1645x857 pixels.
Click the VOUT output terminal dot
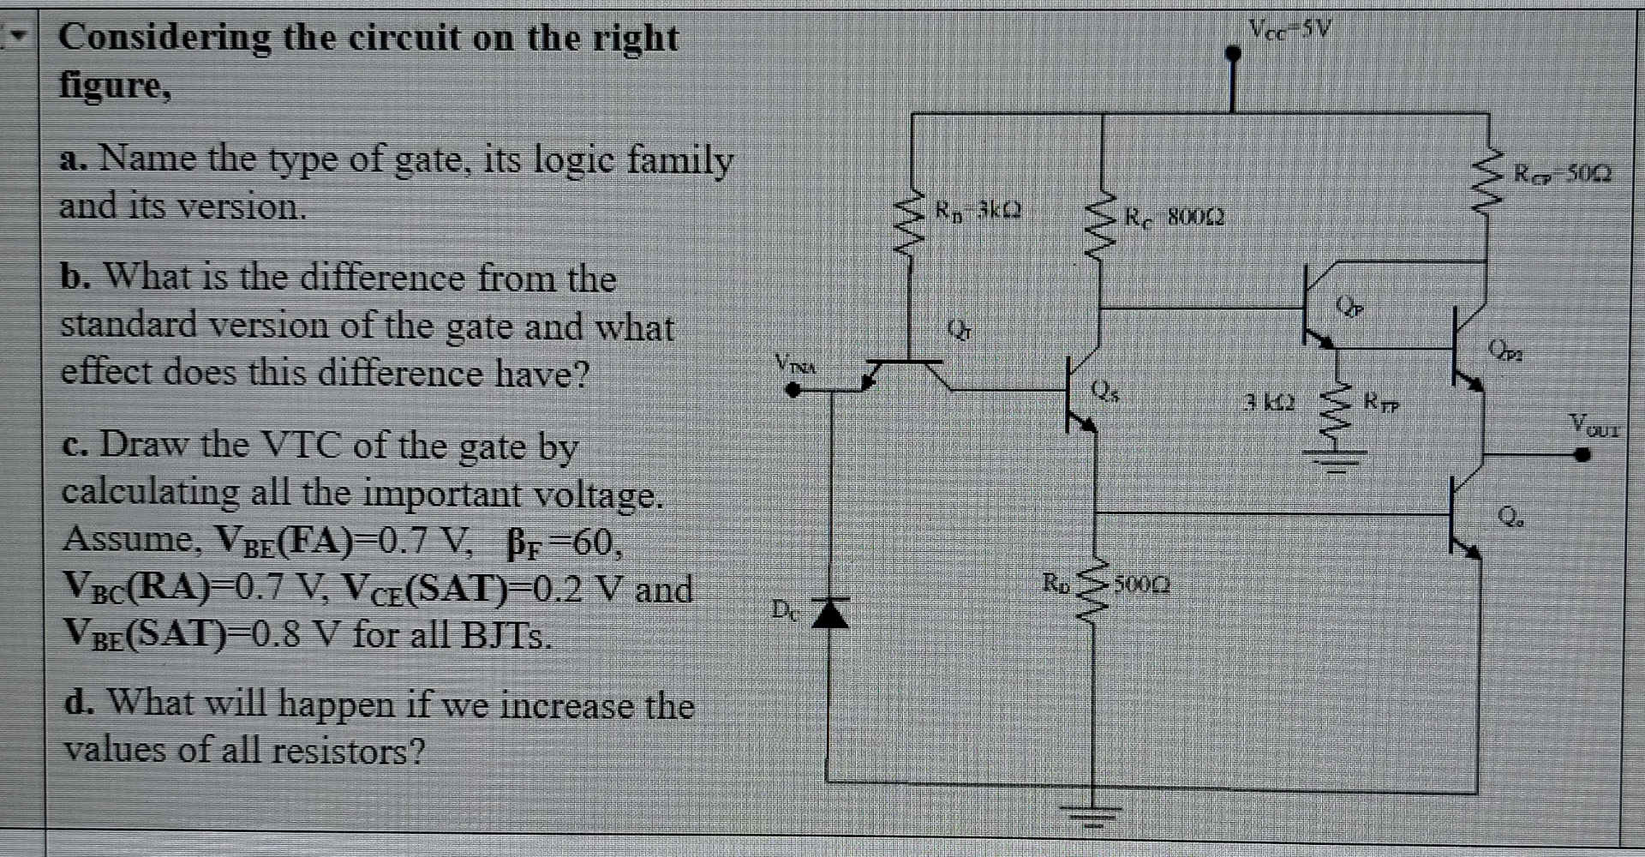click(1582, 455)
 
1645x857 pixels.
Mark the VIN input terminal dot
click(794, 390)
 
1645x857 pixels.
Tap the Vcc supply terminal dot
click(1233, 54)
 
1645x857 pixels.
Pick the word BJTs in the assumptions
click(505, 635)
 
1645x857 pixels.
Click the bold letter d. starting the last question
click(79, 704)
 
